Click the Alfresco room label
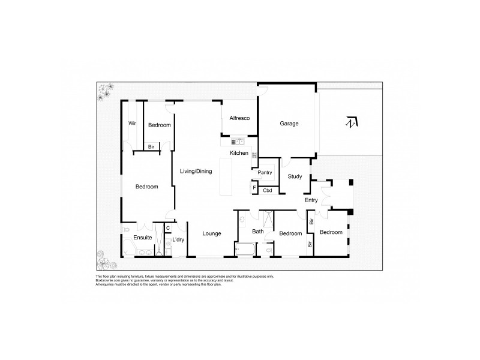pos(239,118)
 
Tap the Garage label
pos(289,124)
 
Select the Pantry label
pos(265,173)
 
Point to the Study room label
pos(295,176)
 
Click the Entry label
pos(311,200)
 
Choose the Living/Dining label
pos(196,172)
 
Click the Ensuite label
pos(142,238)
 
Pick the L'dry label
pos(178,241)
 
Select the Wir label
pos(133,124)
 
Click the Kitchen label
pos(239,154)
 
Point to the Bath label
pos(258,232)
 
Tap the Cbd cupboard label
pos(268,191)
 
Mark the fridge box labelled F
pos(254,188)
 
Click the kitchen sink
pos(238,142)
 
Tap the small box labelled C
pos(168,228)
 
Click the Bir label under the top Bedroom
pos(152,146)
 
